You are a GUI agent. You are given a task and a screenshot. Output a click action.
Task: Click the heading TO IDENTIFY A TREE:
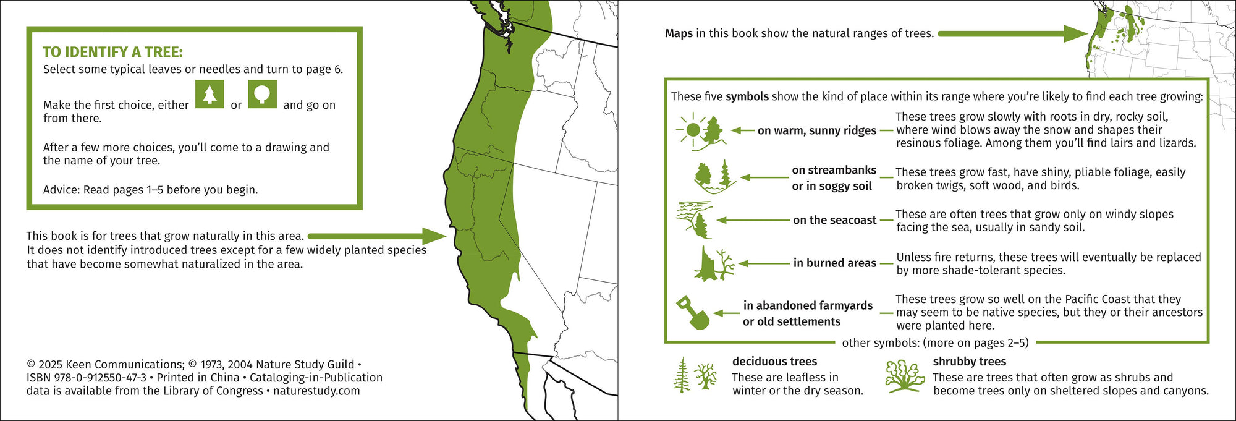pyautogui.click(x=112, y=53)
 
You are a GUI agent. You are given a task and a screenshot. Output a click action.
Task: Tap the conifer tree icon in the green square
pyautogui.click(x=210, y=94)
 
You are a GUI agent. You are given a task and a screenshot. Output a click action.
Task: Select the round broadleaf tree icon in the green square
pyautogui.click(x=262, y=94)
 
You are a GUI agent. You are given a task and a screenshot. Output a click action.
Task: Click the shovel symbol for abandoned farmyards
pyautogui.click(x=693, y=312)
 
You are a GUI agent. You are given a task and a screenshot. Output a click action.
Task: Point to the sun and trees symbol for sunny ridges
pyautogui.click(x=700, y=131)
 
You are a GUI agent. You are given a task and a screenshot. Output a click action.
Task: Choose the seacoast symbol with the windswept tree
pyautogui.click(x=695, y=219)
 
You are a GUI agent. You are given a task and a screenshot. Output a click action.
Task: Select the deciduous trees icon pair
pyautogui.click(x=694, y=375)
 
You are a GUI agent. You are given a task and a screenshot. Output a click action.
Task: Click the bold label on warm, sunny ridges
pyautogui.click(x=816, y=130)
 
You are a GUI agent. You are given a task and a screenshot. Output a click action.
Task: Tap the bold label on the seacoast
pyautogui.click(x=834, y=220)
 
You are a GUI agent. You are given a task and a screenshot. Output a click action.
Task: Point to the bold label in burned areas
pyautogui.click(x=834, y=263)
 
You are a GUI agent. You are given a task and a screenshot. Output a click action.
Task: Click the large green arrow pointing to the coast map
pyautogui.click(x=376, y=236)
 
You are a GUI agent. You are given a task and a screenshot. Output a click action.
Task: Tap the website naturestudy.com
pyautogui.click(x=316, y=391)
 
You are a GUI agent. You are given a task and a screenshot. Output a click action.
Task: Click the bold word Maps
pyautogui.click(x=679, y=33)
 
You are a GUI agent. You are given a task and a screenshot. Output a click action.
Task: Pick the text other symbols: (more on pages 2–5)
pyautogui.click(x=935, y=342)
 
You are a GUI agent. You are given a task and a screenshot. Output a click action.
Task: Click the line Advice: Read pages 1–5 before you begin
pyautogui.click(x=150, y=190)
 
